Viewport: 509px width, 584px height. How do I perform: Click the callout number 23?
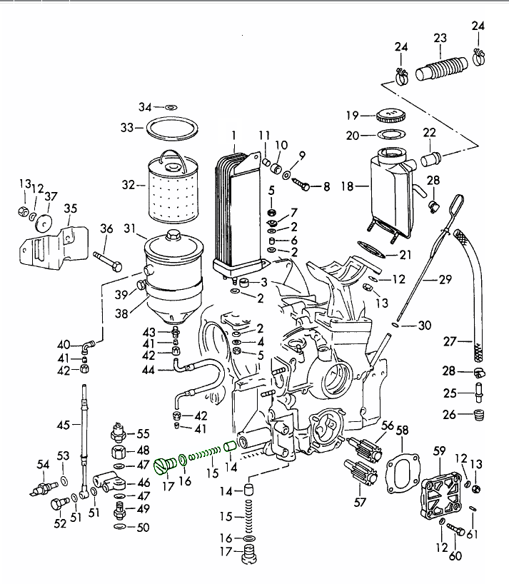440,38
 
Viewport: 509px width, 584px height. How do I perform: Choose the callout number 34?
146,107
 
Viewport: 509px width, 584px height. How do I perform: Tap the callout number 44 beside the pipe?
148,370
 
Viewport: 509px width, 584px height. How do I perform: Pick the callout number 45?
64,425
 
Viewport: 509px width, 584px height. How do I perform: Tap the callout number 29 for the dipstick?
445,280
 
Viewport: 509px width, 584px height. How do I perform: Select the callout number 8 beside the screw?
327,187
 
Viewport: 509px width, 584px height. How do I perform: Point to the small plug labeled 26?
480,415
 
